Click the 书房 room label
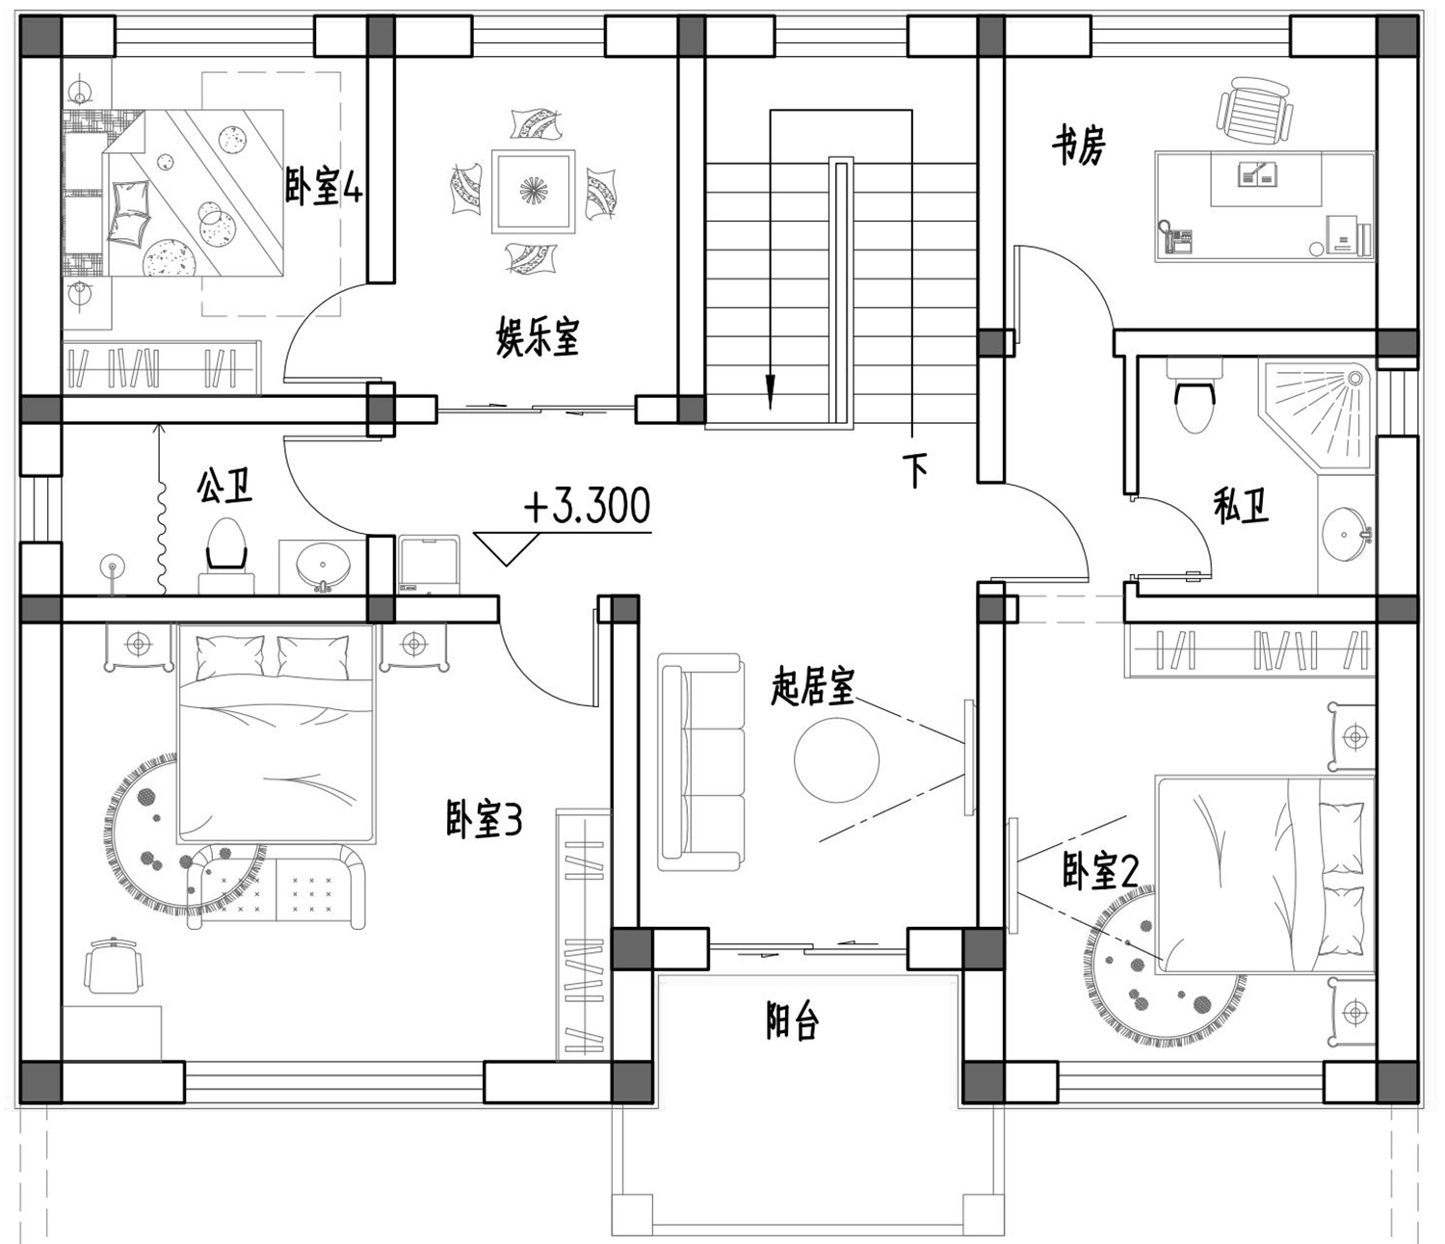click(x=1079, y=146)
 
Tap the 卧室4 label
click(x=323, y=186)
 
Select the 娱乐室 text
click(x=538, y=337)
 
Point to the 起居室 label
click(x=812, y=685)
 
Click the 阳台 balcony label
click(x=792, y=1021)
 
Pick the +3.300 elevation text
click(x=588, y=506)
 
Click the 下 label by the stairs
click(x=915, y=471)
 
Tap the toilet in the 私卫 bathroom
click(x=1195, y=395)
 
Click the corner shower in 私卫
click(x=1316, y=412)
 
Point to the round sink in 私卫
click(x=1345, y=535)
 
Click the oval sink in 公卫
click(x=323, y=565)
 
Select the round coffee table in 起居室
click(x=836, y=761)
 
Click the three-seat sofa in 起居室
click(x=700, y=762)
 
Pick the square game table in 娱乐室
click(x=533, y=191)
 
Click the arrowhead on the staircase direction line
click(x=770, y=391)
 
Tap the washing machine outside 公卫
click(x=430, y=565)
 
